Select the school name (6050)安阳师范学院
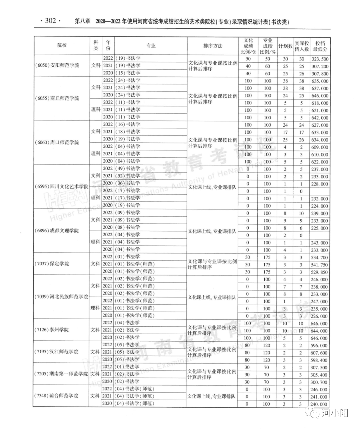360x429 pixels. [57, 65]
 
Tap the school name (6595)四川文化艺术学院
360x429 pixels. [62, 186]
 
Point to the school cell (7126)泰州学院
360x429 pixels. [52, 330]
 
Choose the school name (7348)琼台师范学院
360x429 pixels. [56, 396]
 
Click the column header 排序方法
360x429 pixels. [213, 46]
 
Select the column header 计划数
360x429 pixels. [285, 46]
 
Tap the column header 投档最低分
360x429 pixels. [320, 46]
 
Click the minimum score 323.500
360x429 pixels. [320, 59]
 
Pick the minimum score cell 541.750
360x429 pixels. [320, 265]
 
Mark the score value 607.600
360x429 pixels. [320, 353]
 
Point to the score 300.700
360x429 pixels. [320, 382]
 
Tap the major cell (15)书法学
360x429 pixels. [128, 73]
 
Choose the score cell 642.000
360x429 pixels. [320, 118]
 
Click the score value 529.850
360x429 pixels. [320, 272]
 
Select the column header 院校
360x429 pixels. [62, 46]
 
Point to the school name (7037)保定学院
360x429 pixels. [52, 264]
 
